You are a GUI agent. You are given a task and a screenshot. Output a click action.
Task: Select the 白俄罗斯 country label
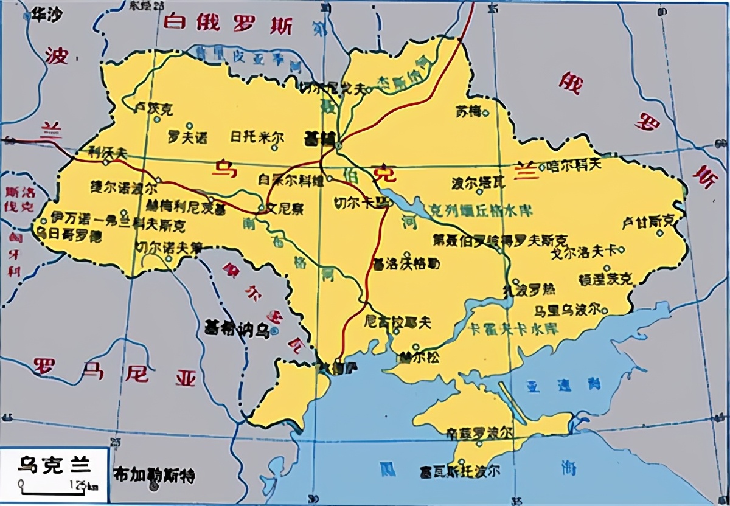click(228, 25)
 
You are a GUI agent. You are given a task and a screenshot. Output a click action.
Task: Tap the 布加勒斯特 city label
click(155, 475)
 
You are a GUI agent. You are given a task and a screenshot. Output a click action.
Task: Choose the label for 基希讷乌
click(237, 330)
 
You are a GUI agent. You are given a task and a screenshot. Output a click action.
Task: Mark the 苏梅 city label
click(468, 111)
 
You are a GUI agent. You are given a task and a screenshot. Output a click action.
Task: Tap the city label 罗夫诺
click(187, 137)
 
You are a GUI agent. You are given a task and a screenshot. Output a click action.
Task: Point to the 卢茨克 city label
click(153, 109)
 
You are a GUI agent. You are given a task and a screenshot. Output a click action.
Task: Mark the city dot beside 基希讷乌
click(275, 331)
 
